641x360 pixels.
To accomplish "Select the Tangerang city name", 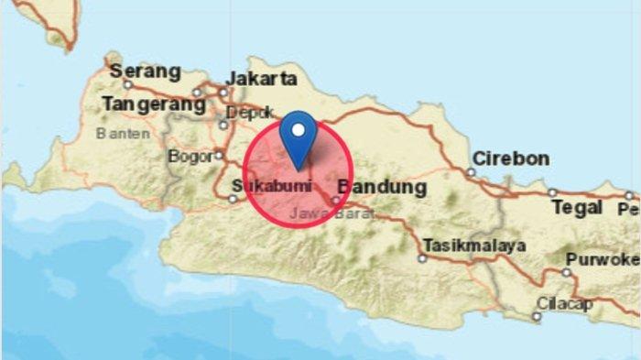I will tap(154, 104).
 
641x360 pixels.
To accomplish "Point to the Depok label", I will tap(248, 111).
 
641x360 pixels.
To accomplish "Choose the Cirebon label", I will tap(512, 158).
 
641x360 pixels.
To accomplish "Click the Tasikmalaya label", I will tap(474, 245).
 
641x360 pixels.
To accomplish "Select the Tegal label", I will tap(576, 208).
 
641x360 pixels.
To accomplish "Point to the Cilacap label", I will tap(566, 302).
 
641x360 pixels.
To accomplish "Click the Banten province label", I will tap(122, 134).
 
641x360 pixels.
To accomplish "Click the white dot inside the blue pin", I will tap(297, 129).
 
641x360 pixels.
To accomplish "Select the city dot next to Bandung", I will tap(336, 199).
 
